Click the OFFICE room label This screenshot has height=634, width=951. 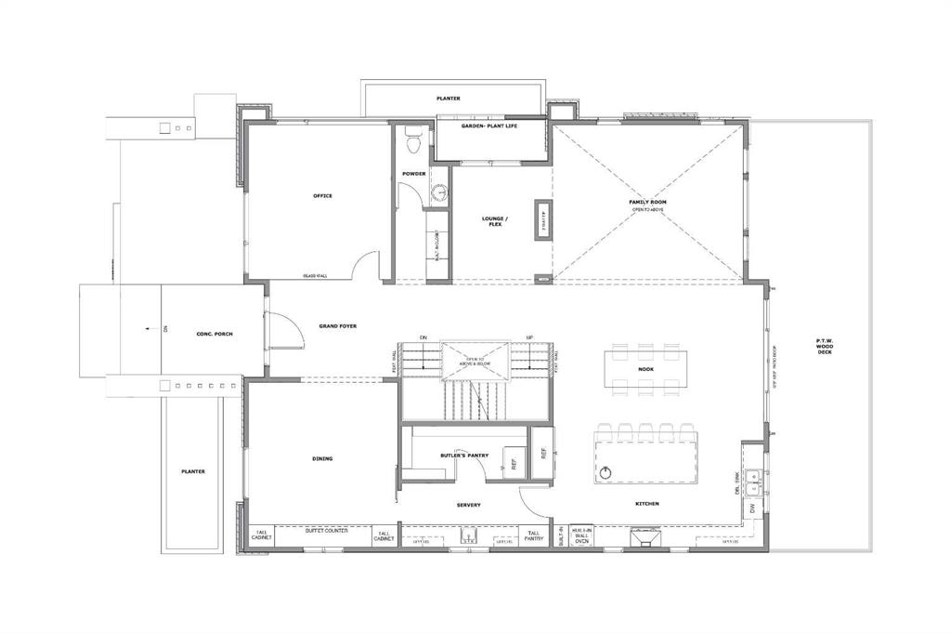(x=322, y=196)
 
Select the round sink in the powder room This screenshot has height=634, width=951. (x=439, y=192)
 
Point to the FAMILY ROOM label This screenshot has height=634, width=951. (x=647, y=203)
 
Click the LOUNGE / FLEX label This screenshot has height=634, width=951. (x=492, y=222)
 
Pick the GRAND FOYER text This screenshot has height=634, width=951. (x=338, y=326)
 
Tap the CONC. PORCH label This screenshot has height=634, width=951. (x=214, y=334)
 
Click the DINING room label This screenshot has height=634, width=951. (x=322, y=458)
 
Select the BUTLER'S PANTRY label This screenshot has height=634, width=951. (x=464, y=456)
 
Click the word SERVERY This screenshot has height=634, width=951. (x=468, y=505)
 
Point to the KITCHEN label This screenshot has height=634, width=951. (x=647, y=504)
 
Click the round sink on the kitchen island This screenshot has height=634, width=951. (x=606, y=471)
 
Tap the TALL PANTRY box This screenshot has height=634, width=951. (x=534, y=536)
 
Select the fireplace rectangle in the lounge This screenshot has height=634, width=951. (x=542, y=220)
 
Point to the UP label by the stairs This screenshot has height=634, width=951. (x=530, y=337)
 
